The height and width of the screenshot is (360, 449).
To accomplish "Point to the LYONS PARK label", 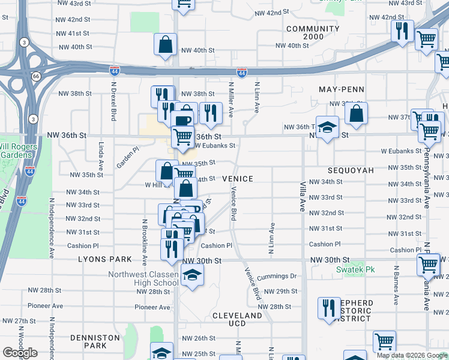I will (x=104, y=259).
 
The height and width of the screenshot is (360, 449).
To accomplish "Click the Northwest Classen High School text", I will (x=143, y=279).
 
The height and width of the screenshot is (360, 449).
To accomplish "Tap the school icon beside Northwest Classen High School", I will (x=192, y=275).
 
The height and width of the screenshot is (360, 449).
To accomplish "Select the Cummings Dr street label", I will (x=277, y=277).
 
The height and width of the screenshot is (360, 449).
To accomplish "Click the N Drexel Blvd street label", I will (x=112, y=100).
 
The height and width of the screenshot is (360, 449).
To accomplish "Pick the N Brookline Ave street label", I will (x=145, y=243).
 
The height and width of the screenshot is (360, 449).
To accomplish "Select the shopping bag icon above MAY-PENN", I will (x=356, y=114).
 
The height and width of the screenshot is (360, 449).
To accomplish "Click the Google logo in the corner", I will (x=20, y=353).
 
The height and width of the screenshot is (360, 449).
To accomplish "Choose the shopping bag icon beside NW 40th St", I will (x=165, y=44).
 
